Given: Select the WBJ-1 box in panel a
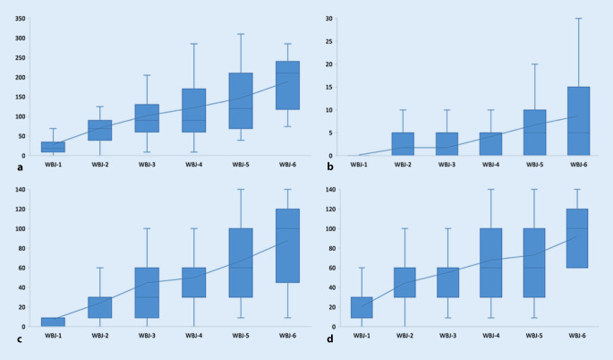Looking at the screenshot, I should [x=53, y=147].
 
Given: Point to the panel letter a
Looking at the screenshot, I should [x=7, y=158].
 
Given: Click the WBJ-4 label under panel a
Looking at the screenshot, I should [x=194, y=165].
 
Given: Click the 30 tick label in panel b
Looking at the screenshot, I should [x=328, y=19].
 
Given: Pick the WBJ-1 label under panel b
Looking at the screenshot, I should [x=358, y=165].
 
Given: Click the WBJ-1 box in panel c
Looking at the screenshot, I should [x=53, y=321].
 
